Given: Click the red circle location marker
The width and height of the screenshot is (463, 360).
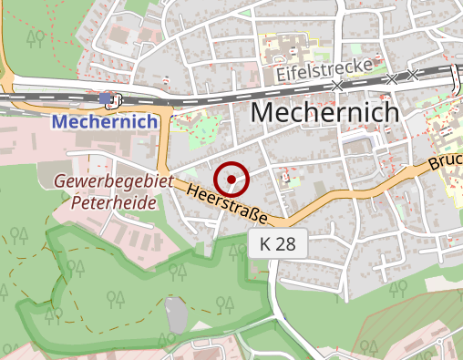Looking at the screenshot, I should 233,180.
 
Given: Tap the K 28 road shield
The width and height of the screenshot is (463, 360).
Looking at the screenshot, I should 278,244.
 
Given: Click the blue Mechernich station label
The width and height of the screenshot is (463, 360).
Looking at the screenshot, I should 98,120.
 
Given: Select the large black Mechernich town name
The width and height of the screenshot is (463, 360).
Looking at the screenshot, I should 324,112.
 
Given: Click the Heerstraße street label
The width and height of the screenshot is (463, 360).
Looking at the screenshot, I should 227,205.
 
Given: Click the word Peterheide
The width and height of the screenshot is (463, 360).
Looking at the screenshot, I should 114,202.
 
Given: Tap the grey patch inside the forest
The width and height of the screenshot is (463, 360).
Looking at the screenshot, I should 177,315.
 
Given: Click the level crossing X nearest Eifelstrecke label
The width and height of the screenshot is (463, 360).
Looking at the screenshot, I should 337,85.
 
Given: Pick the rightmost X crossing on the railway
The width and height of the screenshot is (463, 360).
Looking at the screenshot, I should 412,76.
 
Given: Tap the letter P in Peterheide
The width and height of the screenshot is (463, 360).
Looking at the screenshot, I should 77,202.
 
